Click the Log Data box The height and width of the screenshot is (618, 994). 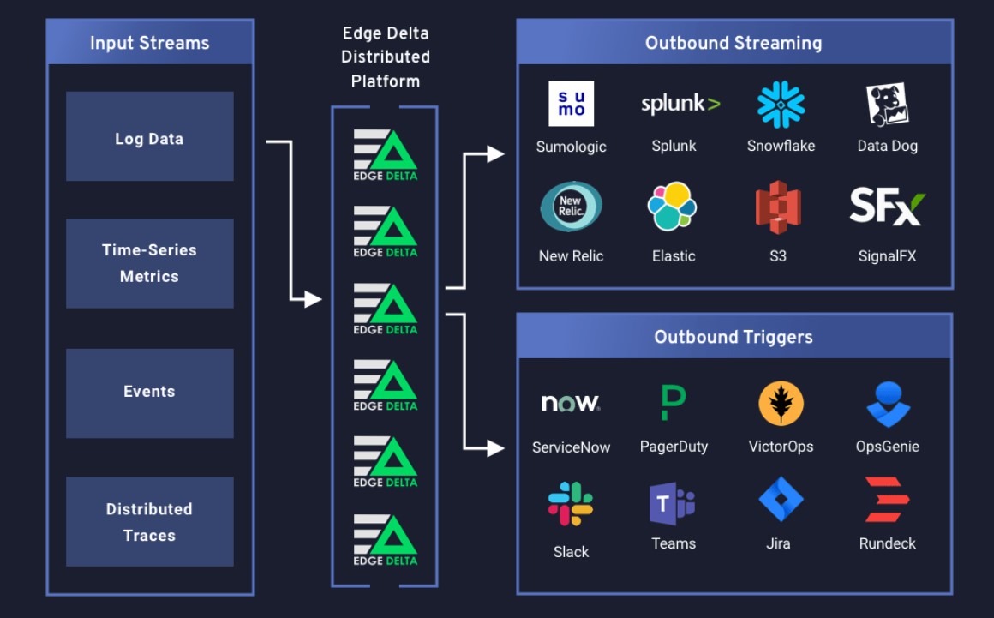pos(149,137)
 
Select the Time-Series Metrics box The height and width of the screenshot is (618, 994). pos(149,263)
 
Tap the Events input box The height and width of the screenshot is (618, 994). pos(149,393)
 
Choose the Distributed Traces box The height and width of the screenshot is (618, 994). pos(149,521)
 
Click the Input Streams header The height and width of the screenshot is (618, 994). pos(150,43)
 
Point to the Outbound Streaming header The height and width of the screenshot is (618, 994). pos(734,43)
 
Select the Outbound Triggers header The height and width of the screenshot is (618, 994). pos(734,337)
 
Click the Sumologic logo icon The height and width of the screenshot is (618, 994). pos(571,104)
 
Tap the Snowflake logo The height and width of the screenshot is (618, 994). pos(781,105)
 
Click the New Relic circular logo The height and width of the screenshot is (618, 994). pos(571,207)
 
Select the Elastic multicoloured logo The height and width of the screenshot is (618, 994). pos(673,207)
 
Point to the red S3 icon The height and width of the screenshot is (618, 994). pos(777,207)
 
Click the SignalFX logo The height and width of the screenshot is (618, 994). pos(887,207)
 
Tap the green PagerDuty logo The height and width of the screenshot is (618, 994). pos(674,402)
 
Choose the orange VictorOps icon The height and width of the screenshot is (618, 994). pos(781,403)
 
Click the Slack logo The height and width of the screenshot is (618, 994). pos(571,504)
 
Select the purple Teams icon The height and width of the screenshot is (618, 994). pos(673,503)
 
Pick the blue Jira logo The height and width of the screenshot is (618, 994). pos(780,501)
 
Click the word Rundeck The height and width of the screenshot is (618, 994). pos(887,543)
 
